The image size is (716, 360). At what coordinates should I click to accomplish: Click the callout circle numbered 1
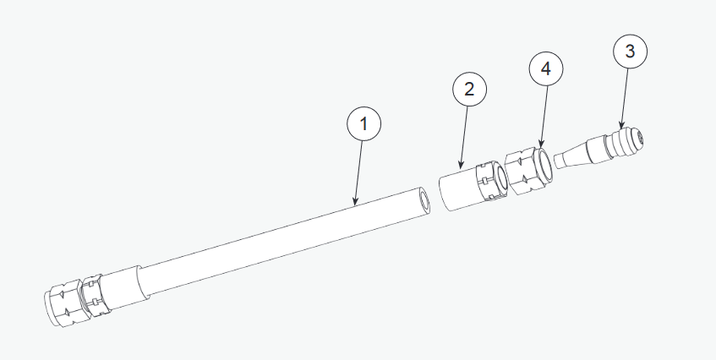[x=364, y=123]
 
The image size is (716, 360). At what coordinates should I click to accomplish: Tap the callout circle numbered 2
[x=469, y=90]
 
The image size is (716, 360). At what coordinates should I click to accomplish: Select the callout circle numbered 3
[x=630, y=51]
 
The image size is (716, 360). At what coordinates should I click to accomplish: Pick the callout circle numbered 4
[x=546, y=69]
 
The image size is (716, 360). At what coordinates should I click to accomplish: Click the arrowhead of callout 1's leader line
[x=355, y=201]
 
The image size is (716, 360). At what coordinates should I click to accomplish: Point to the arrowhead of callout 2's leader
[x=461, y=164]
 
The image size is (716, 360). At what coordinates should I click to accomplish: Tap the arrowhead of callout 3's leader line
[x=621, y=124]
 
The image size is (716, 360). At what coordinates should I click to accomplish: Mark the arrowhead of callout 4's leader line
[x=541, y=144]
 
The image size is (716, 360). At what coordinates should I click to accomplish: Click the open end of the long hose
[x=424, y=201]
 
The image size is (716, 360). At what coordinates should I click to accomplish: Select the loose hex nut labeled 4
[x=529, y=170]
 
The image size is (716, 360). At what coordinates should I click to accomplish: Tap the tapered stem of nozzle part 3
[x=572, y=155]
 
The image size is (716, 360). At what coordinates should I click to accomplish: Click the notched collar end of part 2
[x=492, y=181]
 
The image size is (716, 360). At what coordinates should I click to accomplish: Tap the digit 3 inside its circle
[x=630, y=51]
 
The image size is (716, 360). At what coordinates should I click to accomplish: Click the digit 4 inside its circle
[x=546, y=69]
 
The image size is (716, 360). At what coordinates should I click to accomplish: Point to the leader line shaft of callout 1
[x=359, y=171]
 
